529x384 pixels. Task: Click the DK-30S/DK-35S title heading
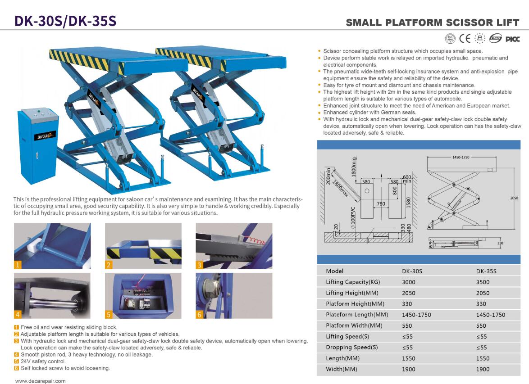point(65,21)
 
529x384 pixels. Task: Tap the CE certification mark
point(465,38)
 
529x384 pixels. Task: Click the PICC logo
point(512,39)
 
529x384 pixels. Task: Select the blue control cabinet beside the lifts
point(38,145)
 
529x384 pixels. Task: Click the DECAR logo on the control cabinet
point(45,136)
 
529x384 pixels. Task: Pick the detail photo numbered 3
point(234,246)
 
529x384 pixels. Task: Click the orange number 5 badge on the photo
point(109,315)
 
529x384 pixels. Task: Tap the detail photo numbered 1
point(52,246)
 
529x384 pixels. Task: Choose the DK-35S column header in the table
point(486,271)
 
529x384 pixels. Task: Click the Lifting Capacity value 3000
point(409,282)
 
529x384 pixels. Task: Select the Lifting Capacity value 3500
point(483,282)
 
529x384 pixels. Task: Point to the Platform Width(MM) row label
point(354,325)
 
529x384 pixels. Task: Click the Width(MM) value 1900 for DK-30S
point(409,369)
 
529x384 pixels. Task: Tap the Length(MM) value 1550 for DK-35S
point(483,358)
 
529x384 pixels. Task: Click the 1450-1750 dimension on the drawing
point(461,157)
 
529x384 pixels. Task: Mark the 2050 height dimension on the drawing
point(514,198)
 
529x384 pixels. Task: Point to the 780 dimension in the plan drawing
point(381,203)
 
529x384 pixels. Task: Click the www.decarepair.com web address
point(41,381)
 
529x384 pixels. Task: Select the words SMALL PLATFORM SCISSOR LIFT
point(433,23)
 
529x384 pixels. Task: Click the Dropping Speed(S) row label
point(351,347)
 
